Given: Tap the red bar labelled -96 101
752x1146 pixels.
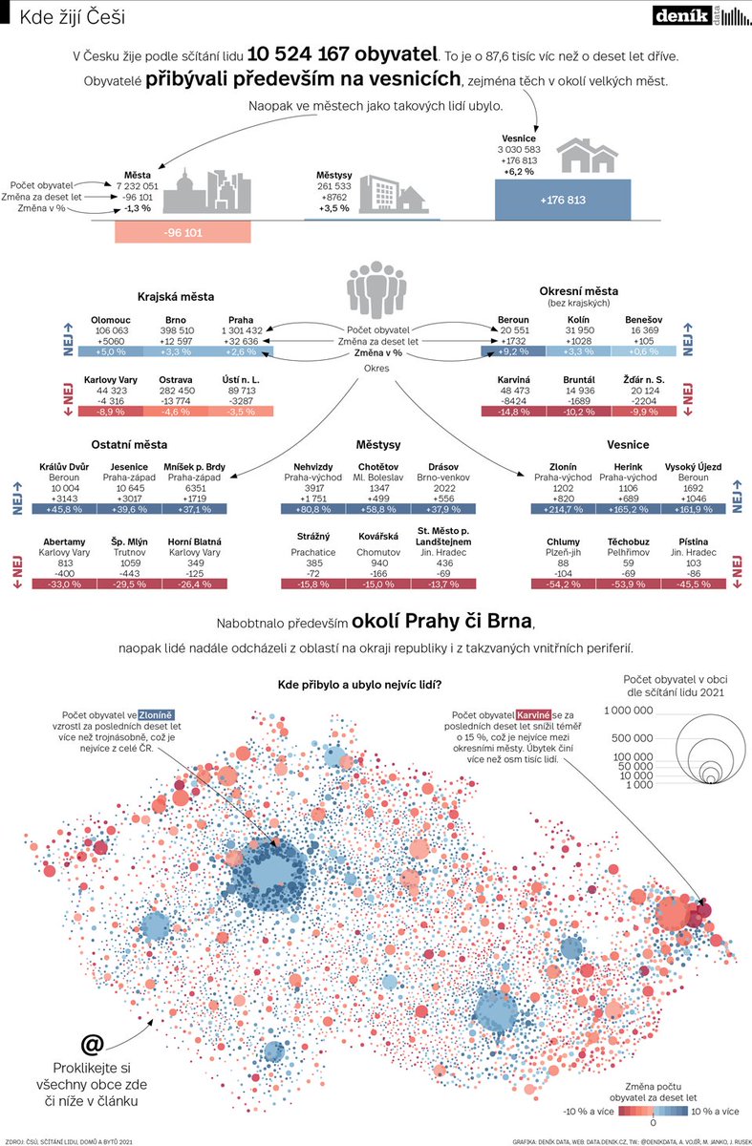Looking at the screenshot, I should pyautogui.click(x=183, y=232).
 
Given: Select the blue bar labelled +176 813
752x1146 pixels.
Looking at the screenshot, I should pyautogui.click(x=563, y=201).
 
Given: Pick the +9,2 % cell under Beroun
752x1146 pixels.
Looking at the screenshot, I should pyautogui.click(x=513, y=351).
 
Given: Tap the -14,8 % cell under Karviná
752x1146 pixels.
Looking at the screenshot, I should pyautogui.click(x=513, y=411).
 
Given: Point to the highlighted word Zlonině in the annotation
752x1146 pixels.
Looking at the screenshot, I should pyautogui.click(x=155, y=713).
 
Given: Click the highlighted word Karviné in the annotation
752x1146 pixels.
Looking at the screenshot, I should pyautogui.click(x=536, y=713).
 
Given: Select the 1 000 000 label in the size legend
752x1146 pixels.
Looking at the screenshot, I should pyautogui.click(x=630, y=710).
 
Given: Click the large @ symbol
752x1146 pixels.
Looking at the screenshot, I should pyautogui.click(x=92, y=1042).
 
